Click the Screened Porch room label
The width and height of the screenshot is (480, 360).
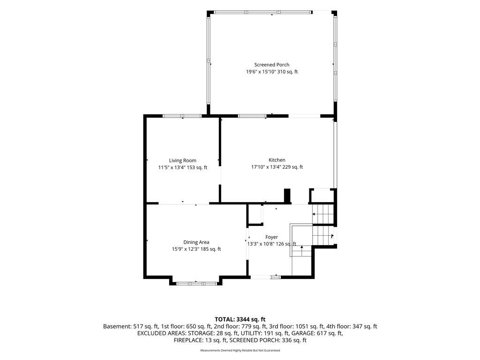[x=271, y=65]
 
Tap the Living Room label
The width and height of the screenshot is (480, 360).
[x=182, y=160]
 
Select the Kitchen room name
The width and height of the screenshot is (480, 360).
[x=277, y=160]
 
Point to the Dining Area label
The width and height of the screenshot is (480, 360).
[x=196, y=242]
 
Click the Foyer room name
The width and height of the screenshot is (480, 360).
[x=271, y=237]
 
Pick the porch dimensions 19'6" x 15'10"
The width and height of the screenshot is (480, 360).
[x=261, y=72]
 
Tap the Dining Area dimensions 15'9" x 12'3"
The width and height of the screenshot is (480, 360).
[x=185, y=249]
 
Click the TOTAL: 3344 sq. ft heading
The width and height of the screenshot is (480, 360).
[x=240, y=320]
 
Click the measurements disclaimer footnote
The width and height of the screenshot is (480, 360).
[x=240, y=350]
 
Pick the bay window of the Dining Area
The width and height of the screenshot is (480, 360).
[x=196, y=284]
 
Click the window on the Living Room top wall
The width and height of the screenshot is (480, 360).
[x=182, y=116]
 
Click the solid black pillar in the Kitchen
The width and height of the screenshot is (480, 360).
[x=287, y=195]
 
